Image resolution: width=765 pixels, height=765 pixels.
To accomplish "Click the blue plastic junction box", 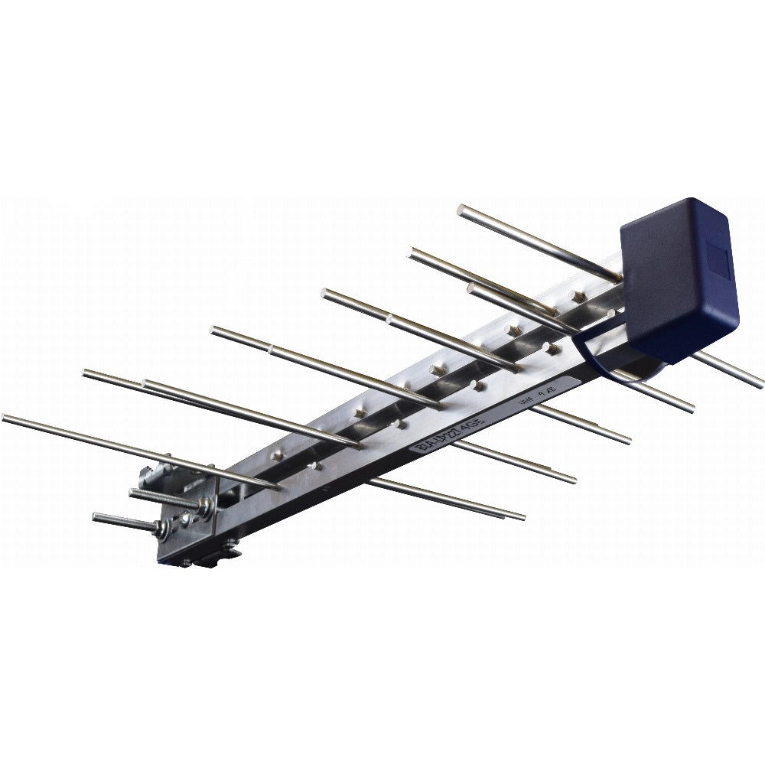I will coord(677,279).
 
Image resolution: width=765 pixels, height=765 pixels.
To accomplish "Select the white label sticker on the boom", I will coord(490,421).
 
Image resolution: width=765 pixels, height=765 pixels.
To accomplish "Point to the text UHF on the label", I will coord(526,400).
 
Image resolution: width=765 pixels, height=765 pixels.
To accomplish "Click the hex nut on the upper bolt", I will coord(205,507).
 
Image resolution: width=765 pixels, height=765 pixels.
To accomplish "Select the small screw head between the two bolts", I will coord(184,519).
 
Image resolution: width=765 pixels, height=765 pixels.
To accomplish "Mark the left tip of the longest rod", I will coord(5,418).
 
